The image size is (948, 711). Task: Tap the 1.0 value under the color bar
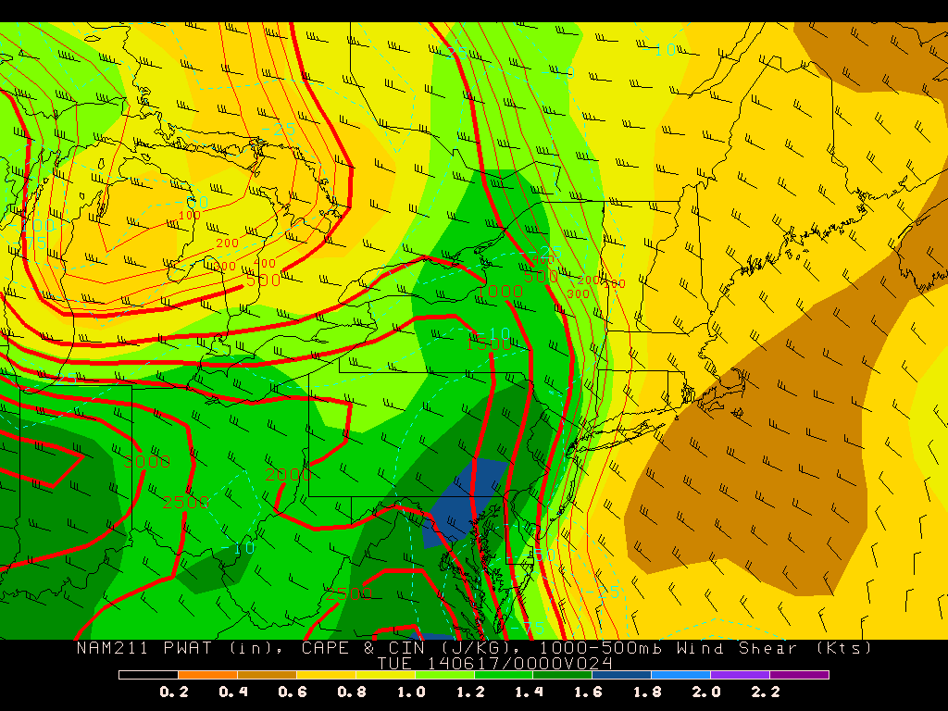pos(411,692)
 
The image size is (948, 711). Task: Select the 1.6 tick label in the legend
pos(590,692)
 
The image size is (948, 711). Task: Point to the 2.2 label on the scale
pos(766,692)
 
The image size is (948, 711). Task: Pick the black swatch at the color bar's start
pos(148,675)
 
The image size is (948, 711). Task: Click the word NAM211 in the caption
pos(107,648)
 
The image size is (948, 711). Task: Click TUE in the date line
pos(395,663)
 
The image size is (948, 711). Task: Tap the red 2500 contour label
pos(186,502)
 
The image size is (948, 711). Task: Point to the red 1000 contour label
pos(500,292)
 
